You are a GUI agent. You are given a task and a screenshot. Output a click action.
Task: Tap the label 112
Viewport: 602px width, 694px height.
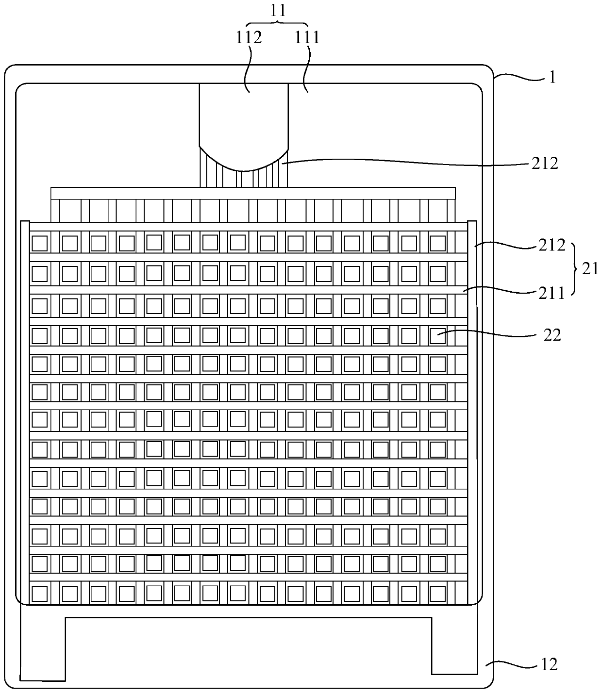pos(249,37)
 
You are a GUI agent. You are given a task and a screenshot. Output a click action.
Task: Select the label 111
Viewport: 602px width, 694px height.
pos(307,37)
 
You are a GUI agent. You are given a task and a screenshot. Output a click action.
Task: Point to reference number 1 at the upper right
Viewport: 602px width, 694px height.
pos(552,78)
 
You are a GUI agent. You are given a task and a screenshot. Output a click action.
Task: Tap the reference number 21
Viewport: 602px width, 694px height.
pos(590,268)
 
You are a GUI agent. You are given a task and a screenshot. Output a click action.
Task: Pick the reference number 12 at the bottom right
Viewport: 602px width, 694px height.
pos(549,664)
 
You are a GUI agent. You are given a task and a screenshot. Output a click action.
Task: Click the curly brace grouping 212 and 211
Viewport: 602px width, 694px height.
pos(575,268)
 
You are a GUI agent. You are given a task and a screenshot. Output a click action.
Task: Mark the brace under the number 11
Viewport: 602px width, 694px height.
pos(277,24)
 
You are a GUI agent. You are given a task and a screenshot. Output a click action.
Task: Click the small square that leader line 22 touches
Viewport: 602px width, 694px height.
pos(438,334)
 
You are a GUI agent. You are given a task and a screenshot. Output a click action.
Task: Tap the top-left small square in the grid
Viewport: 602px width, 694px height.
pos(40,243)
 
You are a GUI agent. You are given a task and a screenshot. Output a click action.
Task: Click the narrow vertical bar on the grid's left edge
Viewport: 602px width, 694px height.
pos(25,413)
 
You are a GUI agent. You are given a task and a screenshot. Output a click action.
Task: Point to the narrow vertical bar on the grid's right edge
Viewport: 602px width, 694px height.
pos(472,413)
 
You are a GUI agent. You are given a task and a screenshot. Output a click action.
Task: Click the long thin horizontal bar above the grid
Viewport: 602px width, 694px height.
pos(253,193)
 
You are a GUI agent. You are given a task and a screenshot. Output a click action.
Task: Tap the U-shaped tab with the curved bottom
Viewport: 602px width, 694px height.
pos(244,126)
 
